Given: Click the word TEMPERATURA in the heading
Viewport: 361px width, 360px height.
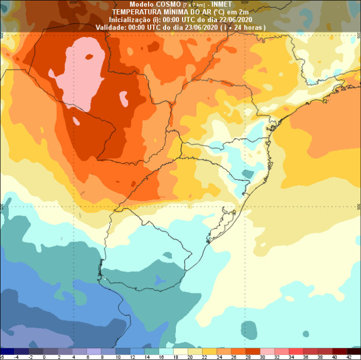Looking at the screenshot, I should click(x=136, y=12).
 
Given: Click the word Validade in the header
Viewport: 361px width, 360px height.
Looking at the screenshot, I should click(x=109, y=27).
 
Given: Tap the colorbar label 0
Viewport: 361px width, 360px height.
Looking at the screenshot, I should click(x=44, y=356).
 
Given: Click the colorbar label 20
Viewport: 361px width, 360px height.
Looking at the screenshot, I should click(x=190, y=356).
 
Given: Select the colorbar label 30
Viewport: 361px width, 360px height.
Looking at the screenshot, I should click(x=264, y=356).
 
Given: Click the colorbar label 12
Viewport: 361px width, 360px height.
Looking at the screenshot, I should click(x=132, y=356).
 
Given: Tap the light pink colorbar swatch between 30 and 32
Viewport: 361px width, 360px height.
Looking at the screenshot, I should click(x=271, y=351).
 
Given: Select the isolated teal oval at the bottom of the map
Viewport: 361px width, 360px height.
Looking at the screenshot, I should click(x=249, y=329).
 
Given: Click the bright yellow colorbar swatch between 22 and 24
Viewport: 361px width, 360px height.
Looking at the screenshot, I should click(x=212, y=351).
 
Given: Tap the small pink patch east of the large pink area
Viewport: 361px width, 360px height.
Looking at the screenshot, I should click(x=123, y=96).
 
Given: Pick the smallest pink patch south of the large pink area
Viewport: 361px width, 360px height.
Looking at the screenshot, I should click(x=76, y=121).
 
